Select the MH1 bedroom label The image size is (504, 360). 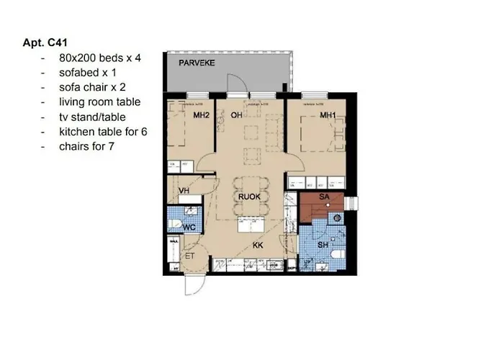[329, 115]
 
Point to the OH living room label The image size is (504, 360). [236, 115]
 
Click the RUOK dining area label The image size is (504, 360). [248, 195]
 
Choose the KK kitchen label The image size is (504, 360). [258, 246]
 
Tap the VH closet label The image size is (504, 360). [184, 191]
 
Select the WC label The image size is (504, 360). [189, 228]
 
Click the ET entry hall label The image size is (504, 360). [190, 255]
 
